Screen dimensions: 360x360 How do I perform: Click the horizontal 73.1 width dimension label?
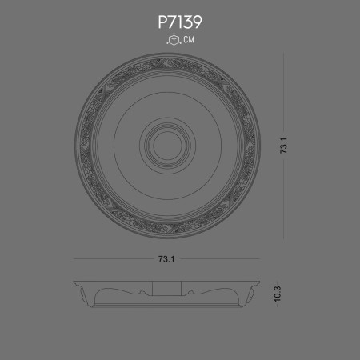tap(166, 259)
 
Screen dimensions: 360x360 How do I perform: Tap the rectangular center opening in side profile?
tap(168, 288)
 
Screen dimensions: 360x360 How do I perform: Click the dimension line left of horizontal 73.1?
tap(112, 259)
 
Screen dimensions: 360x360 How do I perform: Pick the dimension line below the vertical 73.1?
tap(282, 196)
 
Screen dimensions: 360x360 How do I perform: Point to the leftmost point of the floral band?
tap(81, 146)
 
